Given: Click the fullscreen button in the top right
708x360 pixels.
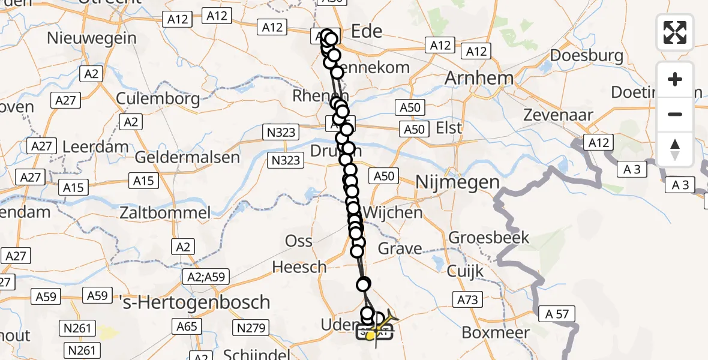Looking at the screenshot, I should [x=675, y=32].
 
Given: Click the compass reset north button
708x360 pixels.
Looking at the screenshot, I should [x=675, y=149].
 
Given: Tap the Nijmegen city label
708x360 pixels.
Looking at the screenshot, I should [x=457, y=182].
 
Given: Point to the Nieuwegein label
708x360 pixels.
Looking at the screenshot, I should [x=92, y=38].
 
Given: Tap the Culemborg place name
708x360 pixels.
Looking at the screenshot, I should [x=150, y=98].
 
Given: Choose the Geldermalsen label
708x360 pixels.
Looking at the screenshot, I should [x=187, y=158].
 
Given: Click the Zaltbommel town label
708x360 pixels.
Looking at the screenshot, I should [x=165, y=212].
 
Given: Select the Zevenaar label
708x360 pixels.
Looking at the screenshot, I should [x=558, y=115].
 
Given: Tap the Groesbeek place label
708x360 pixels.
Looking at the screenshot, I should [x=489, y=237].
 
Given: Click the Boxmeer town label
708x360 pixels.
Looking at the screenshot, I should [x=496, y=332].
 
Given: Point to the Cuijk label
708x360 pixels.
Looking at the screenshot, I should [x=466, y=271].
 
